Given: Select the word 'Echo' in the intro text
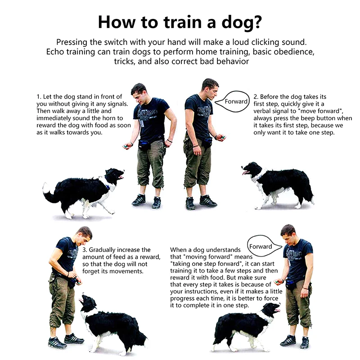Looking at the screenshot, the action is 55,52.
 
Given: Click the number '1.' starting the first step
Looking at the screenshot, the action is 39,97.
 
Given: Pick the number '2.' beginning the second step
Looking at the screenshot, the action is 256,97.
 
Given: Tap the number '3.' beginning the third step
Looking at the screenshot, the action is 85,250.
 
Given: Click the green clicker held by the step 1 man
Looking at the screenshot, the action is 126,146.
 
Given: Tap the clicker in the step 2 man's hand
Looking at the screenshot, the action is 223,137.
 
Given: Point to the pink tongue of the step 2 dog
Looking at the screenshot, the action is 245,172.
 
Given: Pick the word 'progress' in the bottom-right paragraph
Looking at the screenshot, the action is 181,299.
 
